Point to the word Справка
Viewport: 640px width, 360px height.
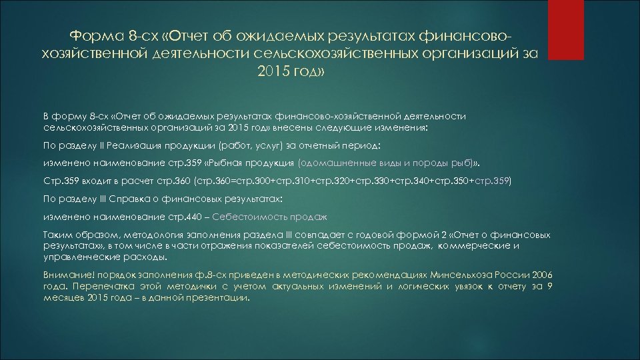(118, 199)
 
